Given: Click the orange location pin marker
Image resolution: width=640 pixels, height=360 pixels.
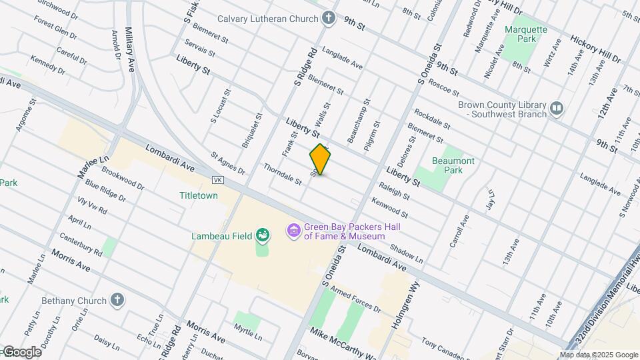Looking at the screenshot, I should pos(320,159).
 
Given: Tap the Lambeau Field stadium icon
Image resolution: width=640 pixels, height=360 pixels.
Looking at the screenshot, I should pos(264,235).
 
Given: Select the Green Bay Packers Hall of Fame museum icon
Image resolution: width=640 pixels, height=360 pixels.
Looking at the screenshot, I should pos(293,231).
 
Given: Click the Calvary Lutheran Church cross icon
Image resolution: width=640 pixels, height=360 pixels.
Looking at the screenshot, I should pos(328,18).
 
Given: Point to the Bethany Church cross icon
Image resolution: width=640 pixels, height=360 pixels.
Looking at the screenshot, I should pos(117,301).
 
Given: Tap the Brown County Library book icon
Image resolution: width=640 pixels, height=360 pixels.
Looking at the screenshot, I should pos(557,107).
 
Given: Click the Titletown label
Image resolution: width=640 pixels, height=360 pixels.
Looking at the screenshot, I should pos(199,196).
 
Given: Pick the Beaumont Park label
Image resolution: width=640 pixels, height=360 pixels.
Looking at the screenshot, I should pos(453,166).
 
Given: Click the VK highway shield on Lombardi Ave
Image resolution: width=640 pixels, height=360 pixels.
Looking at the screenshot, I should pos(217,180).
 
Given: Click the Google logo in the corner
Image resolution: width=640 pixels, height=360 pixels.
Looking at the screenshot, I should pos(21,352).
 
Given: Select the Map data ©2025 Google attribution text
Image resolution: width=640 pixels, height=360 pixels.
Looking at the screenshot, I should pos(599,355).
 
